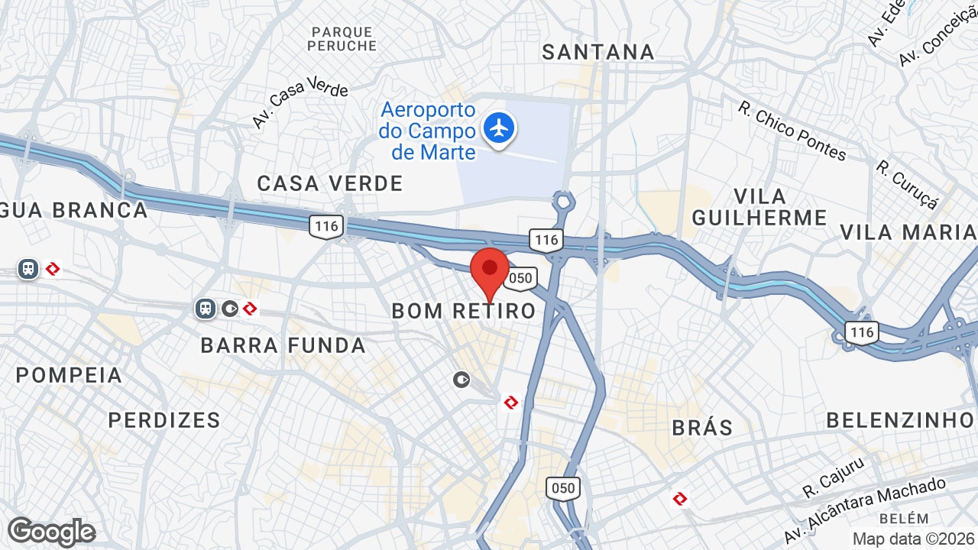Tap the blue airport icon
(x=499, y=127)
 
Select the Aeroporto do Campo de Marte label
(x=427, y=131)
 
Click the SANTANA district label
(x=598, y=52)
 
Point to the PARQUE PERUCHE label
(x=342, y=39)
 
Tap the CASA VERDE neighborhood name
(x=330, y=183)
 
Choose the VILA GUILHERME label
(x=759, y=206)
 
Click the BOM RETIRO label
(x=464, y=311)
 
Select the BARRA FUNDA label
(x=283, y=345)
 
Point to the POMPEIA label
(x=70, y=375)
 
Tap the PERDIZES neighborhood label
(x=164, y=420)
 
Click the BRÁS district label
(x=702, y=428)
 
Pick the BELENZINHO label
(x=900, y=420)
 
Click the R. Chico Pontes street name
(x=792, y=131)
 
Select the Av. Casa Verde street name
(x=300, y=102)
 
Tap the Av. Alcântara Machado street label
(x=864, y=510)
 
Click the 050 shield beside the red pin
(x=520, y=278)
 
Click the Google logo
(x=51, y=532)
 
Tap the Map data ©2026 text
(x=914, y=539)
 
